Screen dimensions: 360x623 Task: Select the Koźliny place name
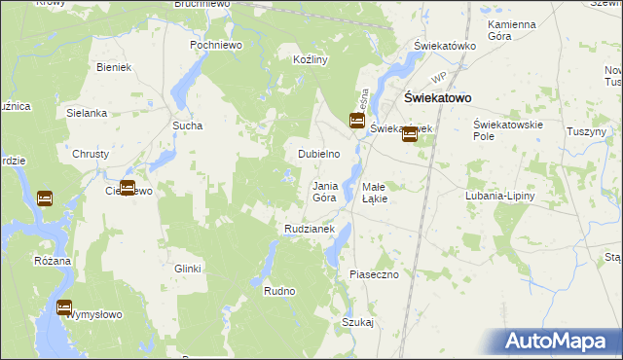tap(310, 59)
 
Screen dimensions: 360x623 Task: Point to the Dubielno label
tap(318, 154)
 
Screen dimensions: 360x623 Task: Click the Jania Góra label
tap(324, 192)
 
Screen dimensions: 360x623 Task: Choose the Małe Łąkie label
tap(375, 192)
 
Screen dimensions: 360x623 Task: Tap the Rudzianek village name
tap(310, 229)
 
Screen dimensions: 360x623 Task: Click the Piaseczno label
tap(375, 275)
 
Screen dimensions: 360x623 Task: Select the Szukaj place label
tap(357, 322)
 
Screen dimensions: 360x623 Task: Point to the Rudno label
tap(279, 291)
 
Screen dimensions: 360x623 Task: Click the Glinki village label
tap(187, 269)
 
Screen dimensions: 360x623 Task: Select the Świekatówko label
tap(444, 46)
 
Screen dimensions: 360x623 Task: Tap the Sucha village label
tap(187, 126)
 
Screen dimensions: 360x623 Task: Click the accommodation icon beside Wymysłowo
tap(64, 307)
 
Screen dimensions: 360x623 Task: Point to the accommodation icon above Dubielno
tap(357, 121)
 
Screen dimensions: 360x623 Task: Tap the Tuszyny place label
tap(586, 131)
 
